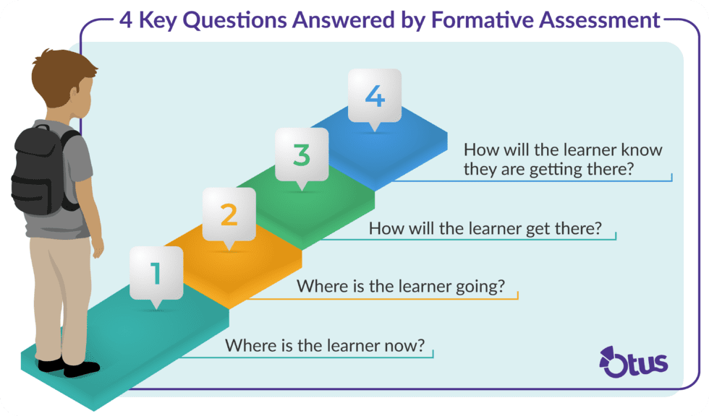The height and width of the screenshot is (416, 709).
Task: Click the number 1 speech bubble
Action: [x=156, y=274]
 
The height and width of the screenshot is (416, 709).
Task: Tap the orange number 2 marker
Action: [x=229, y=214]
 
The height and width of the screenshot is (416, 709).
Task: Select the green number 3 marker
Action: [x=302, y=155]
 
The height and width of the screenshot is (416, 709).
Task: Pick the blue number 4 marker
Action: [x=374, y=95]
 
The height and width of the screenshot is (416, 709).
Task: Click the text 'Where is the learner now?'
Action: [x=323, y=345]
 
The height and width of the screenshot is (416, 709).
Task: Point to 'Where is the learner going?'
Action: [x=400, y=286]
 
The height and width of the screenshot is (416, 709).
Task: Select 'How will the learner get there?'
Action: [x=485, y=228]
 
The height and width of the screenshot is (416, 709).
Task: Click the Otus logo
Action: [x=634, y=361]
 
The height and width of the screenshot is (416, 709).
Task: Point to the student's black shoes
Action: [x=69, y=368]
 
